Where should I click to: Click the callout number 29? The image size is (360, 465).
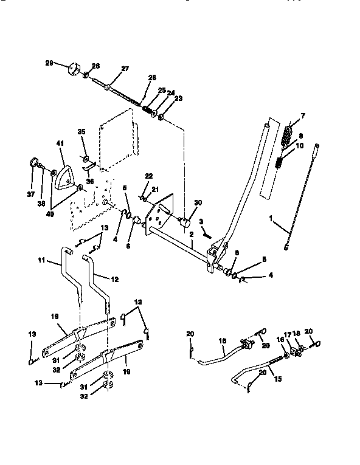coord(49,63)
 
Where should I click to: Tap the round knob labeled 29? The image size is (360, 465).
coord(75,67)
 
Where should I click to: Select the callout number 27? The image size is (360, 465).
coord(125,69)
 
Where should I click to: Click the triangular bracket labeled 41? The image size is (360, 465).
coord(63,179)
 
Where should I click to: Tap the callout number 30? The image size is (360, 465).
coord(198,202)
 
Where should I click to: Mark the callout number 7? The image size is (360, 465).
coord(303,115)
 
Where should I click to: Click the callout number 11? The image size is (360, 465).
coord(42,262)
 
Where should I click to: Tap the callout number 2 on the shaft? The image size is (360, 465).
coord(191,234)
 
